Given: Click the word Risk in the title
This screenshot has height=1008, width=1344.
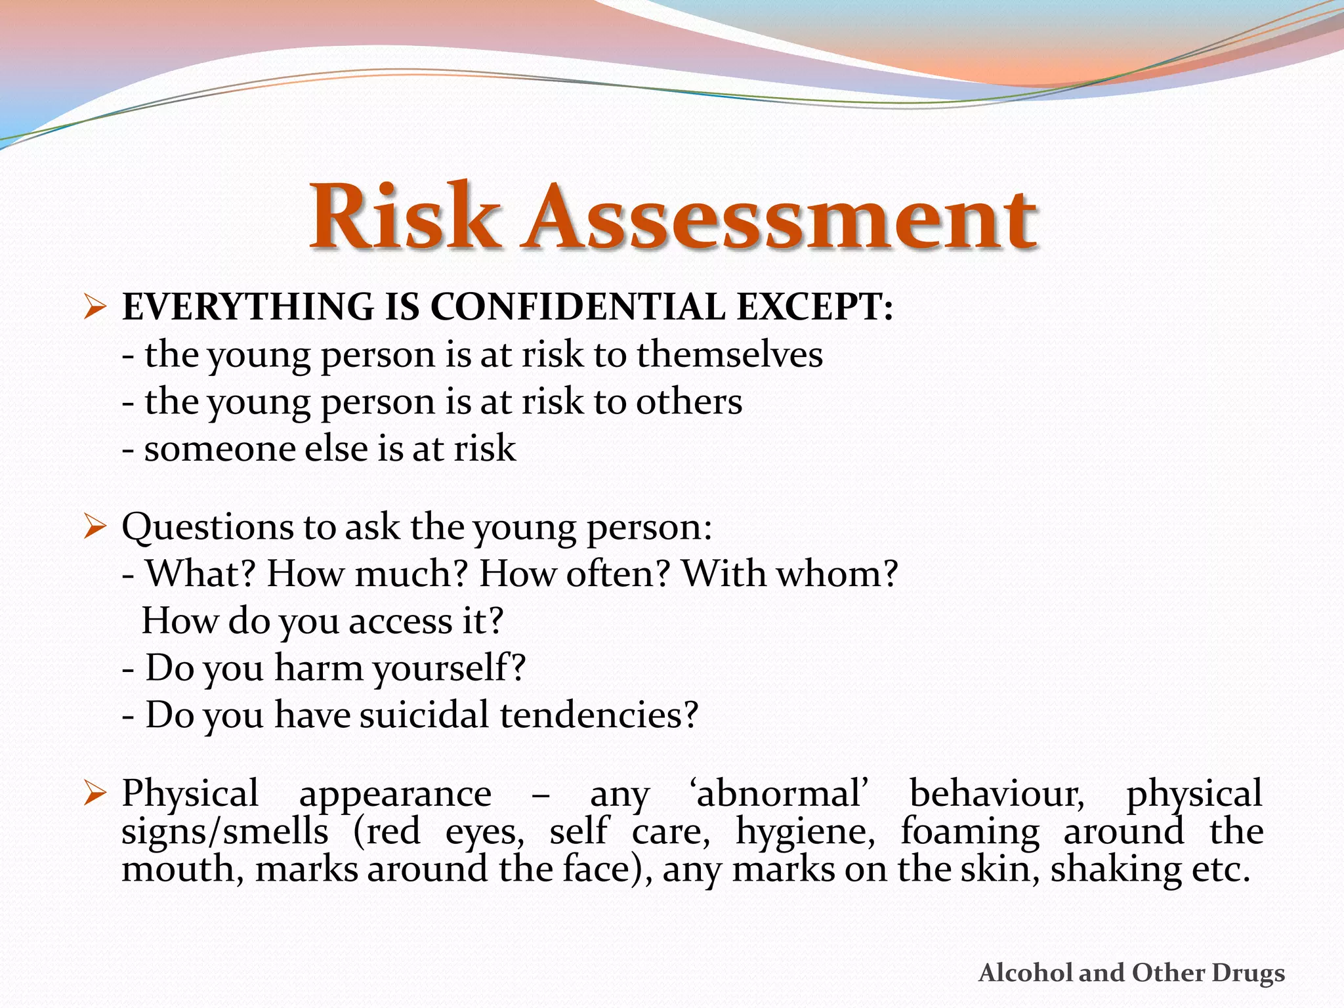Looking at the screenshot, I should (402, 217).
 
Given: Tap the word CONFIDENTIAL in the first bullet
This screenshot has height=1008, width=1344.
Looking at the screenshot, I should (577, 306).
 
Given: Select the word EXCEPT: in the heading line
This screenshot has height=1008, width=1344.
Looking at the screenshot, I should (814, 306).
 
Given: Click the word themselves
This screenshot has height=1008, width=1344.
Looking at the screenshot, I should (729, 354).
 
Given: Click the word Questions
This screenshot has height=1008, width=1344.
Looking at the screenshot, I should (207, 527).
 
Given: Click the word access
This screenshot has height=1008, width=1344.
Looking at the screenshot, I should (400, 621).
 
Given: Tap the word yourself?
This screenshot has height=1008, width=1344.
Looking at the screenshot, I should (449, 668).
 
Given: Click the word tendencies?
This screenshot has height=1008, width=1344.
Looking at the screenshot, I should (598, 715).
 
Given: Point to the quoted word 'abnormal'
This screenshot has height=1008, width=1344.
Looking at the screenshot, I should (779, 793).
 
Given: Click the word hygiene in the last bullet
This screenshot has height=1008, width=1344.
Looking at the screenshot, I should (805, 831).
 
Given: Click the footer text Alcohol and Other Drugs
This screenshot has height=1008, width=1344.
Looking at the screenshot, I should (1131, 973).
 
